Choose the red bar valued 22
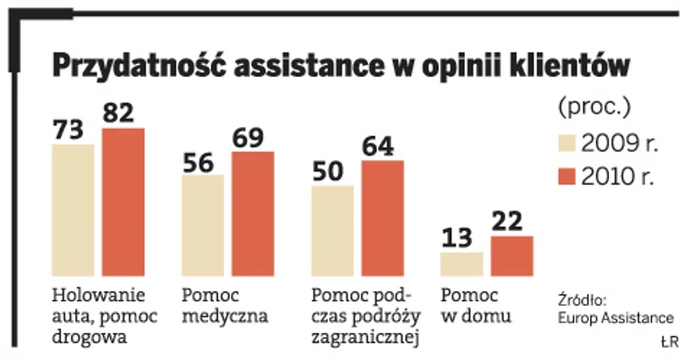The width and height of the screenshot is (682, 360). (x=512, y=256)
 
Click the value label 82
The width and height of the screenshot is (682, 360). (x=124, y=114)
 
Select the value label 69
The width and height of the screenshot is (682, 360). (x=252, y=137)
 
